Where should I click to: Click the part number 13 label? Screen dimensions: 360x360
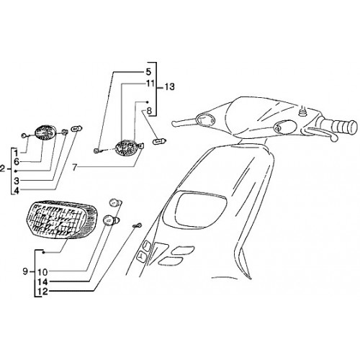pos(169,87)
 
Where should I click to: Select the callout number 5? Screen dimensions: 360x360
pos(148,72)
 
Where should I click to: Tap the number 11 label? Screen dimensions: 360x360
pos(150,84)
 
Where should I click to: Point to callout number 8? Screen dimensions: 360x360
pos(149,111)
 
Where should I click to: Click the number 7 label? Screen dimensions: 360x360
pos(75,167)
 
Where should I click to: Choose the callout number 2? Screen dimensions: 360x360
pos(2,168)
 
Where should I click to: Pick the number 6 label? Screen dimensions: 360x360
pos(17,162)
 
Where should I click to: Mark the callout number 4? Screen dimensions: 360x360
pos(17,191)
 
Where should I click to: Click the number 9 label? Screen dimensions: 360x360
pos(25,271)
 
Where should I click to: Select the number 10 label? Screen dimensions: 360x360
pos(42,272)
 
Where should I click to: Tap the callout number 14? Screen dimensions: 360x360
pos(42,282)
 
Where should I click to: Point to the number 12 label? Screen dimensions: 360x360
pos(42,292)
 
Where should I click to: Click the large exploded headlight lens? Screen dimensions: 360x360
pos(62,220)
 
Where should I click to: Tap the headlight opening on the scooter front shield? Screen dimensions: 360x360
pos(201,210)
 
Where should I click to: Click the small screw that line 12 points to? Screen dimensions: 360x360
pos(138,225)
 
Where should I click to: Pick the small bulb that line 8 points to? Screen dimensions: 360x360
pos(160,141)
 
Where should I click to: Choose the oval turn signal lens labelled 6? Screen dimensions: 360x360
pos(45,132)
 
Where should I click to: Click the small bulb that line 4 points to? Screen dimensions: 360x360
pos(76,129)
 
